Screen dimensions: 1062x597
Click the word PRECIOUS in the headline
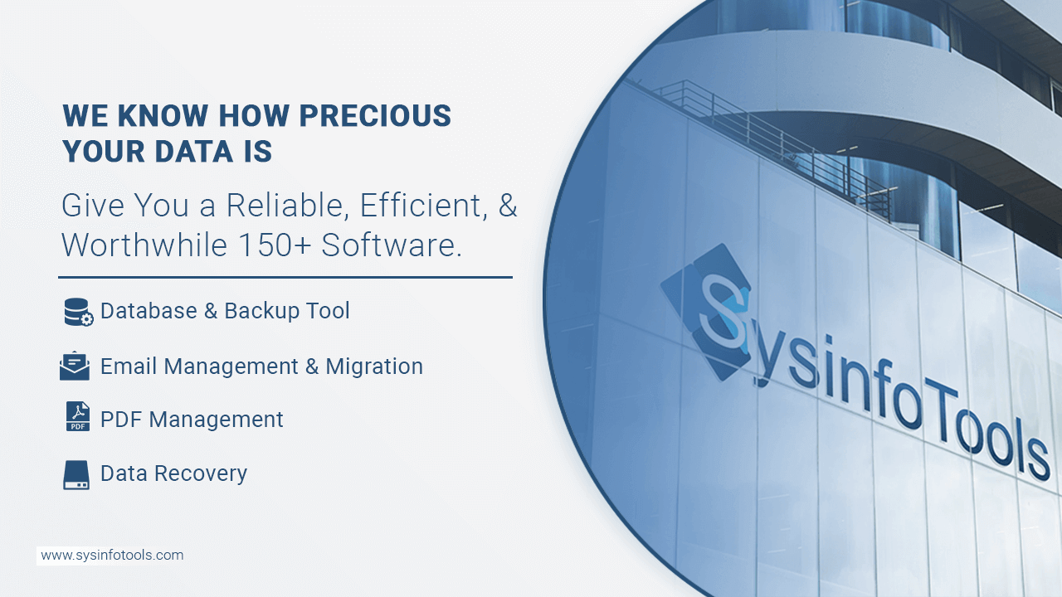[375, 115]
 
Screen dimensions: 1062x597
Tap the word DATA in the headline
[193, 151]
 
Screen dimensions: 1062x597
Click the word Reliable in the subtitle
[287, 206]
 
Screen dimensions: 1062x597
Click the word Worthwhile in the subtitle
[144, 245]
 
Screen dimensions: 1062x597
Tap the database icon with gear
[78, 312]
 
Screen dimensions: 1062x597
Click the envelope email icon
[75, 366]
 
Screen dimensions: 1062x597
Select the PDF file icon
[77, 416]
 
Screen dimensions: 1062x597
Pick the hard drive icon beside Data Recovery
[76, 475]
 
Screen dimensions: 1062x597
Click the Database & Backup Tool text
[225, 311]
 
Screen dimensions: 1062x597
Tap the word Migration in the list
[374, 366]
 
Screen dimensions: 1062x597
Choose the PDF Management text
[192, 420]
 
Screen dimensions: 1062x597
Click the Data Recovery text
[173, 473]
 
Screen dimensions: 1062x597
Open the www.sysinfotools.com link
[112, 556]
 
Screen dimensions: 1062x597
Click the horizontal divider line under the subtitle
[285, 277]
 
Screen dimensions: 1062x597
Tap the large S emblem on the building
[706, 311]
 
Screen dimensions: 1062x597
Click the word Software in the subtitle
[391, 245]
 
